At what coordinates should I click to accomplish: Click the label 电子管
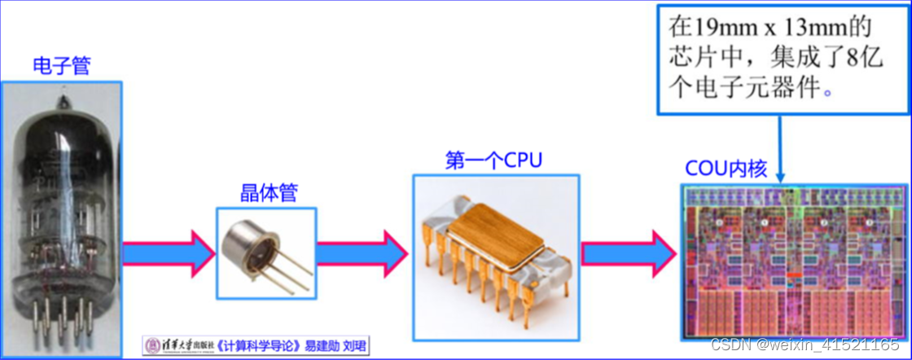point(61,66)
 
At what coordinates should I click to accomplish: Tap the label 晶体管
point(268,192)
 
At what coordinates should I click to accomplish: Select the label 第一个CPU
point(493,159)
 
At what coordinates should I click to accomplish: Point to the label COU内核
point(727,169)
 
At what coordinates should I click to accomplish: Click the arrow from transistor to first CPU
point(362,252)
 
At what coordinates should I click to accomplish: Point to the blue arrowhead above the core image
point(781,176)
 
